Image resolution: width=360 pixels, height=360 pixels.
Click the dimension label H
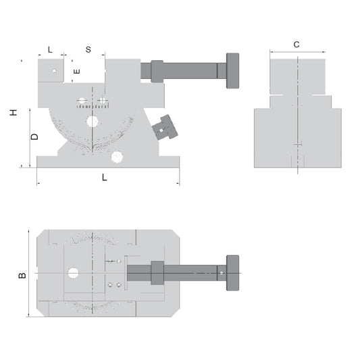pyautogui.click(x=14, y=112)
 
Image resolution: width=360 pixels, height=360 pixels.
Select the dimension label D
pyautogui.click(x=34, y=136)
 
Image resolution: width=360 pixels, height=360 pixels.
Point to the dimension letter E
pyautogui.click(x=76, y=70)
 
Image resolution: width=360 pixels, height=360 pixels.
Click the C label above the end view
pyautogui.click(x=297, y=44)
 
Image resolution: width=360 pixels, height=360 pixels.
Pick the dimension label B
pyautogui.click(x=22, y=275)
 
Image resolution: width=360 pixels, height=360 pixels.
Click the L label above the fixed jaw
pyautogui.click(x=51, y=50)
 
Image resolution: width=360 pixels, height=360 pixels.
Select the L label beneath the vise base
pyautogui.click(x=104, y=177)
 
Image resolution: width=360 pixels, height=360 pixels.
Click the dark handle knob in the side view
pyautogui.click(x=232, y=71)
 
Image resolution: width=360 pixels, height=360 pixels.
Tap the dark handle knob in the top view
pyautogui.click(x=232, y=272)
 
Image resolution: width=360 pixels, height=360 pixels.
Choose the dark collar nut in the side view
pyautogui.click(x=157, y=71)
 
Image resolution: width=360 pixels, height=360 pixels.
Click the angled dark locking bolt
pyautogui.click(x=165, y=128)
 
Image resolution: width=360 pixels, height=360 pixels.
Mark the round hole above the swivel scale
pyautogui.click(x=92, y=121)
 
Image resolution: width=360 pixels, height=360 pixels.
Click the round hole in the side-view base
pyautogui.click(x=117, y=156)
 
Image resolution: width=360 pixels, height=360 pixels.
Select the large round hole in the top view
pyautogui.click(x=73, y=273)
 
